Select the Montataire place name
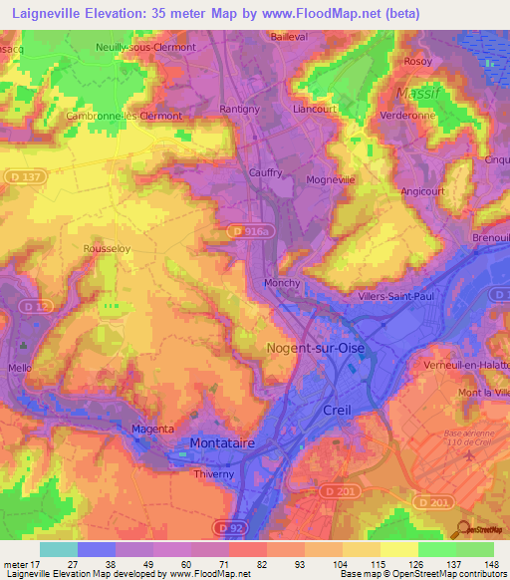pos(225,441)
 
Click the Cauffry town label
pos(265,172)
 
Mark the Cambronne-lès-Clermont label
pos(125,116)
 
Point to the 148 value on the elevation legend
pos(490,564)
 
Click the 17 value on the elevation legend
pos(36,564)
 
